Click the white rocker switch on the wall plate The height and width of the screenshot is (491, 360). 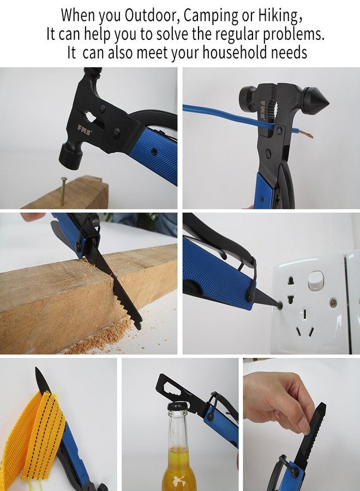(315, 280)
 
